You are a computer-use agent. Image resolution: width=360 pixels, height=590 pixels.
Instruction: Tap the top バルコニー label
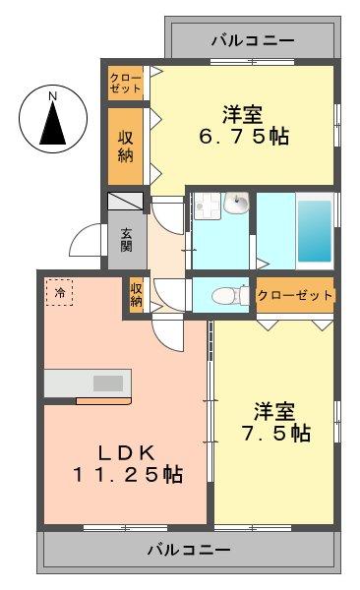click(x=252, y=40)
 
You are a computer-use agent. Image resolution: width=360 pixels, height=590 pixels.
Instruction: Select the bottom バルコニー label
click(x=190, y=549)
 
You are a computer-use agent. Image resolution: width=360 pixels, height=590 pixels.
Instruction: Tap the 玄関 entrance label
click(x=128, y=240)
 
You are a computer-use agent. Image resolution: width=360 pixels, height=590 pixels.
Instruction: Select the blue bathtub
click(x=313, y=229)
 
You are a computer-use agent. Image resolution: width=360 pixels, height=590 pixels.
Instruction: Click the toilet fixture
click(x=224, y=293)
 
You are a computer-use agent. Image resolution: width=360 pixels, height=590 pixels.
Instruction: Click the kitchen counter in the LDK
click(x=87, y=383)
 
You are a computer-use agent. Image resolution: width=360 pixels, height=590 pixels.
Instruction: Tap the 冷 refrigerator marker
click(x=60, y=292)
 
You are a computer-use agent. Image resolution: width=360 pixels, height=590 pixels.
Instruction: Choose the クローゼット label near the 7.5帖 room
click(x=295, y=294)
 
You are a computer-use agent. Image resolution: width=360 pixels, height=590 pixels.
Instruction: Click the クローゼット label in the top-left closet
click(x=126, y=82)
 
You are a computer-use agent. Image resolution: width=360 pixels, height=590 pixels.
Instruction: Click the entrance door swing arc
click(x=87, y=241)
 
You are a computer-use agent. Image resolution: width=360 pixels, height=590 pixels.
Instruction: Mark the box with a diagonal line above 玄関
click(x=127, y=202)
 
